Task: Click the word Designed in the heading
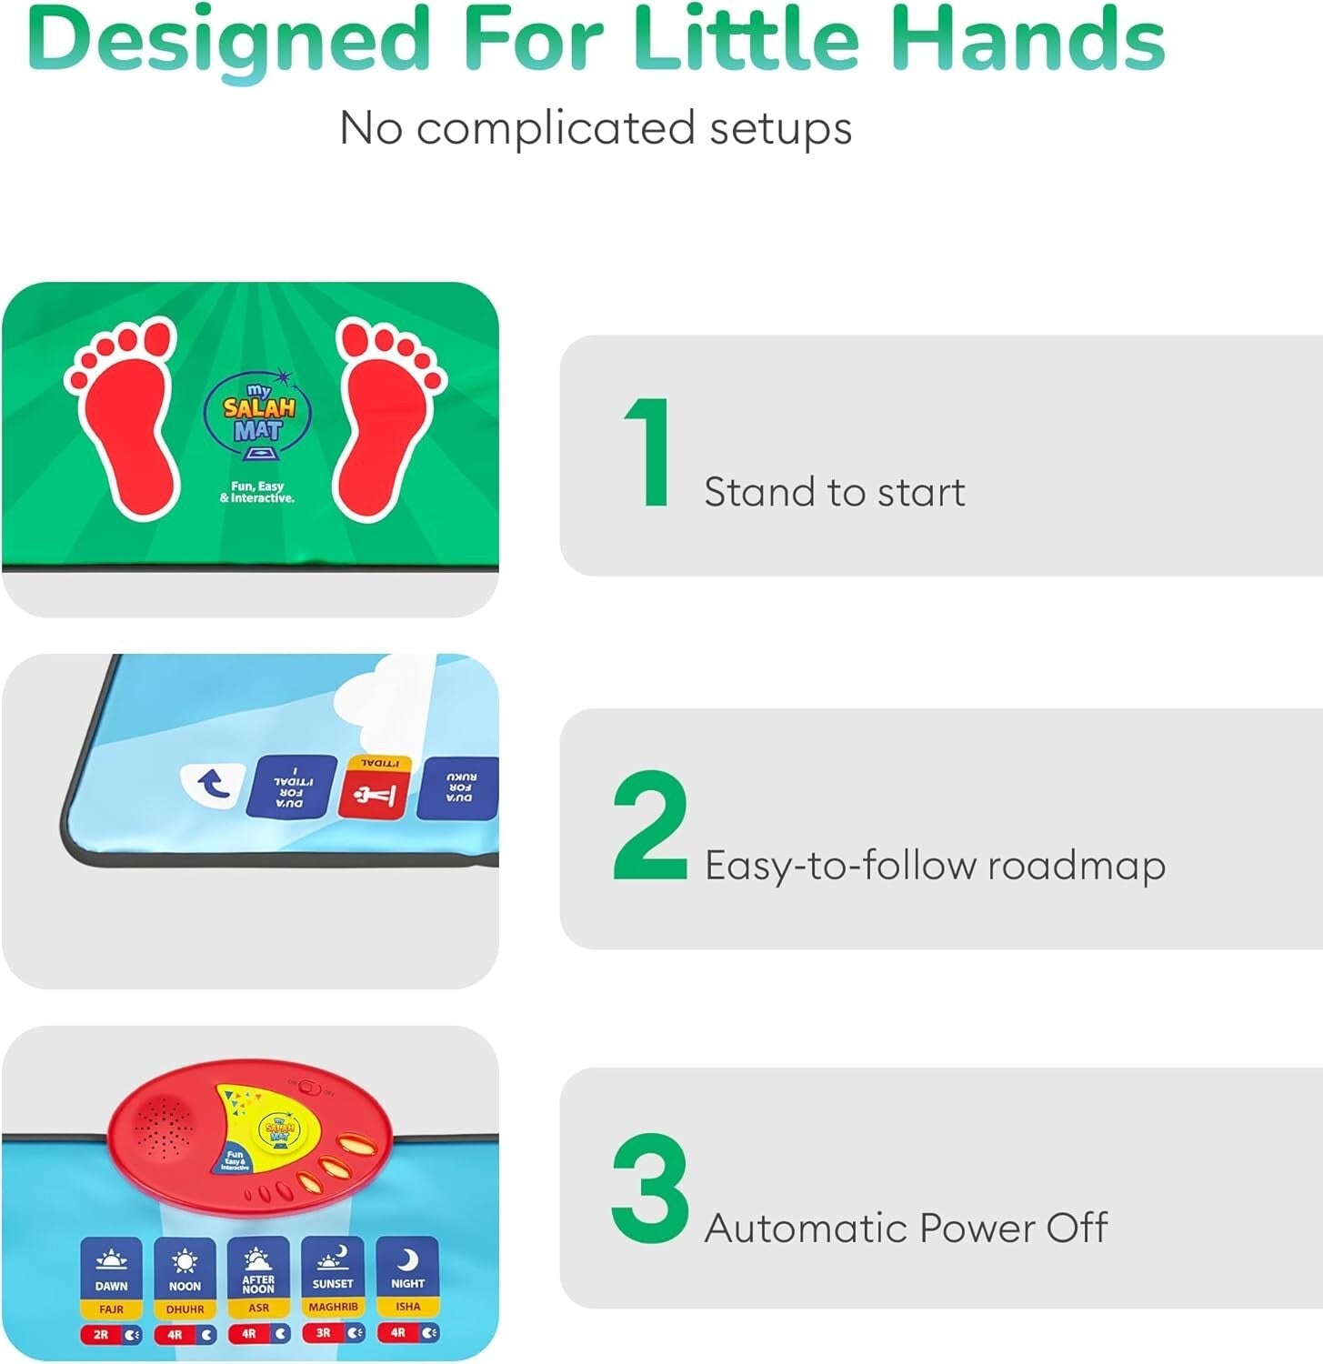point(228,40)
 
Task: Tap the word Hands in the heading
point(1027,40)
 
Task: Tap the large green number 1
point(647,452)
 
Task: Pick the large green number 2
point(649,826)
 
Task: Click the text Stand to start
point(834,493)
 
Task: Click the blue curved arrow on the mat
point(214,784)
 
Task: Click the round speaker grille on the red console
point(163,1127)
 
